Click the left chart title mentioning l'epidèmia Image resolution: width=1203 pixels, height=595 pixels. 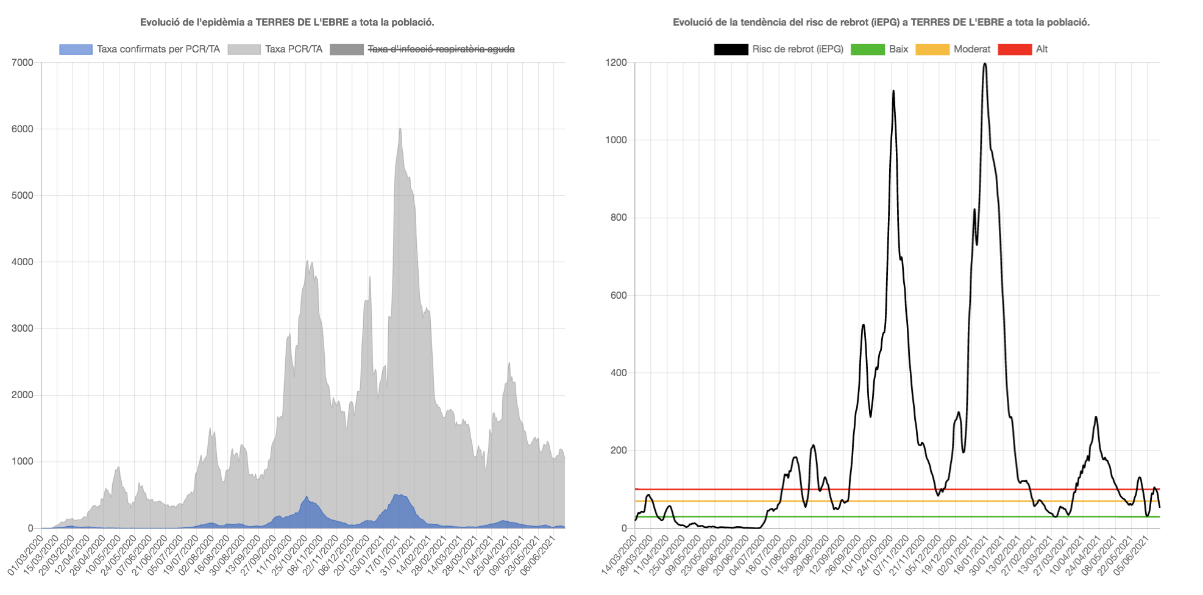(287, 23)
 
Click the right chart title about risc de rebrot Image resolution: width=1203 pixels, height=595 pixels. (881, 23)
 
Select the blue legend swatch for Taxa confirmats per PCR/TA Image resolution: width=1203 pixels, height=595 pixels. (76, 49)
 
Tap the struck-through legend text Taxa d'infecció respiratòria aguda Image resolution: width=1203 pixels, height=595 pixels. (441, 49)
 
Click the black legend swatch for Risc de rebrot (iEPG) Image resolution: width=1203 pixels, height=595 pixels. (731, 49)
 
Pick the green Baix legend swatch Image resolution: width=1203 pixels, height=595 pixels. (867, 49)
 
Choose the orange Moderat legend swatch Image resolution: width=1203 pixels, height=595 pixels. (932, 49)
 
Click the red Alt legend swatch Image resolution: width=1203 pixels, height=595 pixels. (1015, 49)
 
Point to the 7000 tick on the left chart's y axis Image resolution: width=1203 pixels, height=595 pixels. (23, 63)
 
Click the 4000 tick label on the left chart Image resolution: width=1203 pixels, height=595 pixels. (23, 262)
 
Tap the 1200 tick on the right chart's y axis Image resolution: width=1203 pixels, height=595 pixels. (616, 63)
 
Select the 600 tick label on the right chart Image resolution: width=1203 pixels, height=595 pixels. (619, 296)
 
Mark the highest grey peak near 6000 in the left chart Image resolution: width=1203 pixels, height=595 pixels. (400, 129)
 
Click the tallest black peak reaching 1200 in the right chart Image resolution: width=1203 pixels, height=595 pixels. (985, 64)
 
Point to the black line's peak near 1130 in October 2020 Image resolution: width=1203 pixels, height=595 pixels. (893, 91)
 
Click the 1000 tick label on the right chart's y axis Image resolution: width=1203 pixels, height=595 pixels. (616, 140)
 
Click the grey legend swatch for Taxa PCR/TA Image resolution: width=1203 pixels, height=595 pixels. (244, 49)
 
